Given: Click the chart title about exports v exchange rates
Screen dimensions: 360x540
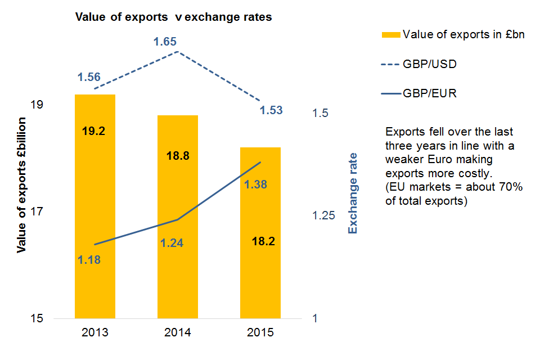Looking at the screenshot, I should (x=174, y=17).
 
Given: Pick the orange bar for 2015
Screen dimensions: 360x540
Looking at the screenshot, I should (x=260, y=281).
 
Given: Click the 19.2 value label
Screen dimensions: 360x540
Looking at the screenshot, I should (x=94, y=131).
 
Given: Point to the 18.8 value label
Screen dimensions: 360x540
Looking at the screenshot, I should (x=178, y=156).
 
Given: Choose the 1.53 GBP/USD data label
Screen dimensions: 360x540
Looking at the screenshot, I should (x=271, y=110).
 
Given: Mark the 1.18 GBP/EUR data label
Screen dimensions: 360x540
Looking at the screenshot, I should (x=89, y=260).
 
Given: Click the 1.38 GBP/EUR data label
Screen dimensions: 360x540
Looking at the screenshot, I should (x=255, y=184).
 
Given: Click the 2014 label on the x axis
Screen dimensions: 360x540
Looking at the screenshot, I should (x=178, y=332).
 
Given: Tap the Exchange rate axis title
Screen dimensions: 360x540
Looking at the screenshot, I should (x=353, y=193).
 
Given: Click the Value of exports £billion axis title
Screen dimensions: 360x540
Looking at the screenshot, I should (x=22, y=186).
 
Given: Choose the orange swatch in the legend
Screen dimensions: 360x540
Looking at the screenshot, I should (x=391, y=35).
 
